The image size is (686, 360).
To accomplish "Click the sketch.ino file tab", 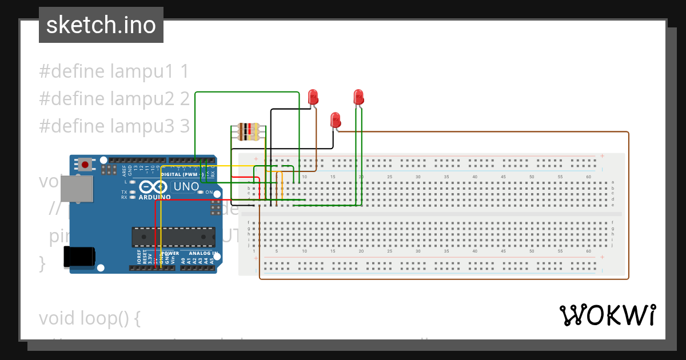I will (x=101, y=25).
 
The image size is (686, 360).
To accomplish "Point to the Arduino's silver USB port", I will (x=76, y=189).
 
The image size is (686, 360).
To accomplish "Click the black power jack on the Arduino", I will (x=78, y=257).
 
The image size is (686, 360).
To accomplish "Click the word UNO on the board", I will (x=186, y=187).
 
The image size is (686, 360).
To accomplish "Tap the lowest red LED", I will (x=336, y=120).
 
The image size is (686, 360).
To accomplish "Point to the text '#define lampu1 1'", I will (x=114, y=71).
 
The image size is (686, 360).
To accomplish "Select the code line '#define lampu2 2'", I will (x=114, y=99).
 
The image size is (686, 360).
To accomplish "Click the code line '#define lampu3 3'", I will (x=114, y=126).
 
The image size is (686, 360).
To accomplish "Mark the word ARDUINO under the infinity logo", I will (x=154, y=197).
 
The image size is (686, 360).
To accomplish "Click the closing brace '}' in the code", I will (x=42, y=263).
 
